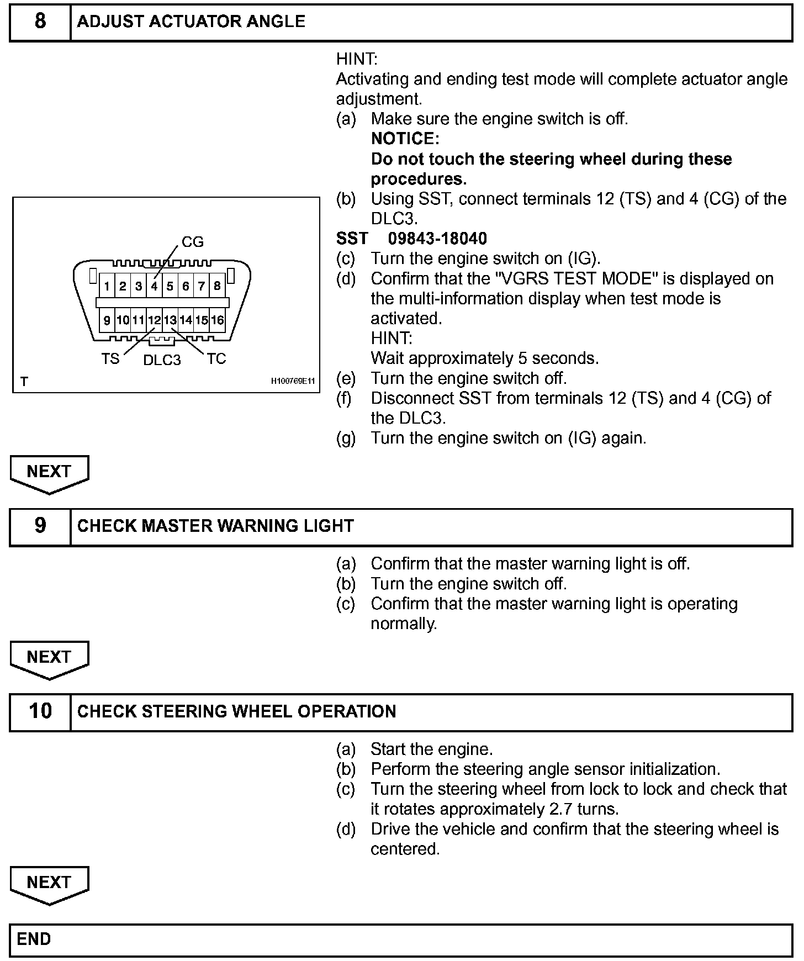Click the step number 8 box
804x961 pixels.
click(40, 22)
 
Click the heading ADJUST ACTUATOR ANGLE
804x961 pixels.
click(191, 22)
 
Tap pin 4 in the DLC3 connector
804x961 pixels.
click(154, 286)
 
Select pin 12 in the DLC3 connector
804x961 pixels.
click(154, 320)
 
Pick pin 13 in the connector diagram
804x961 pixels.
click(170, 320)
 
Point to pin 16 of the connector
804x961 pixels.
click(218, 320)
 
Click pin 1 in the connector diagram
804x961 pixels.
click(107, 286)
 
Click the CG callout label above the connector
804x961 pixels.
click(193, 242)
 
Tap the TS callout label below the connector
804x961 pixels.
click(110, 359)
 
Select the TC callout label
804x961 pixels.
click(216, 359)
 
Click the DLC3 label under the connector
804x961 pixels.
click(162, 360)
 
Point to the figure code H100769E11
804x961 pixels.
click(293, 381)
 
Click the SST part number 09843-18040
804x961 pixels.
click(437, 239)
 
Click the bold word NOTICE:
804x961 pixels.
click(405, 139)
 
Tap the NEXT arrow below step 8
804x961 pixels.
click(49, 473)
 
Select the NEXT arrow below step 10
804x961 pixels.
click(49, 884)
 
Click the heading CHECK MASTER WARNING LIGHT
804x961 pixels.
click(215, 526)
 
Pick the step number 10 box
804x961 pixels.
click(40, 711)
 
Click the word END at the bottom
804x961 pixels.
click(34, 939)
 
